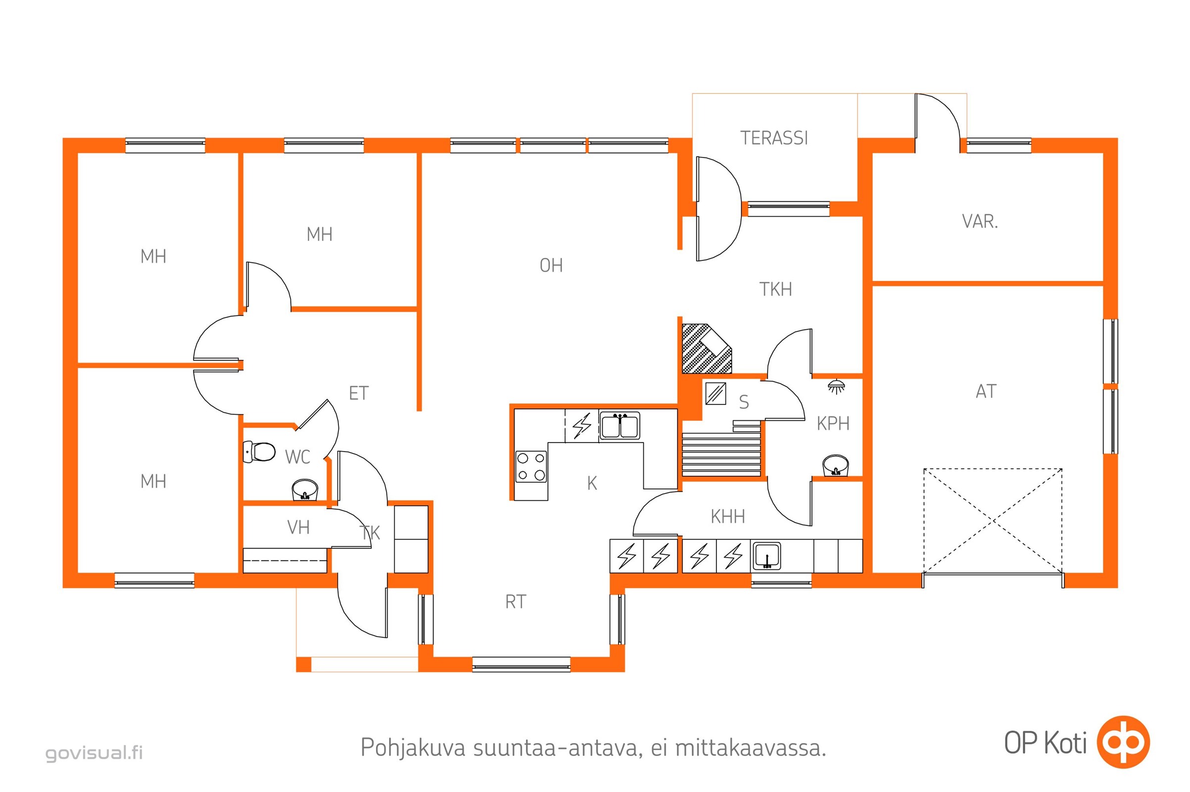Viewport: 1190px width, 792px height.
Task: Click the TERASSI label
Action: (774, 138)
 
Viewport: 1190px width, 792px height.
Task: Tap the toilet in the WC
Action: (259, 451)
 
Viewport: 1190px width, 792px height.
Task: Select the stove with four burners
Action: (530, 467)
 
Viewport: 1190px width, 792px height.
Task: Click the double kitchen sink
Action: (620, 425)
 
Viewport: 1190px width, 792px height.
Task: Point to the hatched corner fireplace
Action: (706, 348)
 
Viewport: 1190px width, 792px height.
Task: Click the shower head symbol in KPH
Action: (837, 387)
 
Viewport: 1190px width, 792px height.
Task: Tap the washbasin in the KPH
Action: (836, 465)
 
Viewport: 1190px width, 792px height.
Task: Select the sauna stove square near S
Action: (715, 394)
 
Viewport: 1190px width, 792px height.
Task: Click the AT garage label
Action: (986, 392)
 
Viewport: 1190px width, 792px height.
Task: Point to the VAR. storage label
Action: (980, 221)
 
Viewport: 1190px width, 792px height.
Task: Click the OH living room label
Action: (551, 265)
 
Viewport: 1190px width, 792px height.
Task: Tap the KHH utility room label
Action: (727, 516)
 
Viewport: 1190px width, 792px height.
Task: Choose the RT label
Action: (516, 601)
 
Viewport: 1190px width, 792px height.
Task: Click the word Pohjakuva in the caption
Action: (413, 748)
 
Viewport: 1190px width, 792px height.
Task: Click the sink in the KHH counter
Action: (766, 556)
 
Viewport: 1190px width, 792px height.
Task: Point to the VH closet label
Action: (298, 527)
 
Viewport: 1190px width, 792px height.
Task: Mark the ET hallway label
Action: (358, 393)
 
